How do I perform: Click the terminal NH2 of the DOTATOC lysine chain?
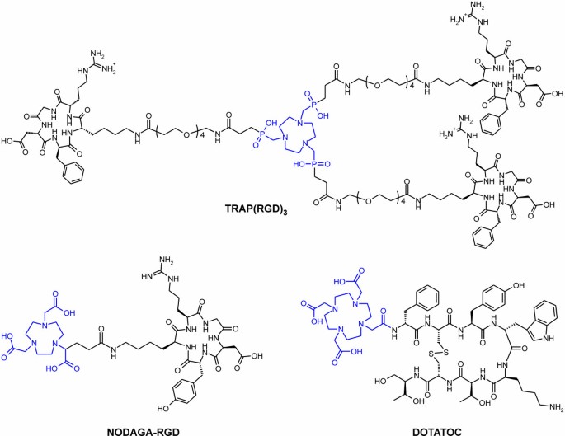[548, 406]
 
